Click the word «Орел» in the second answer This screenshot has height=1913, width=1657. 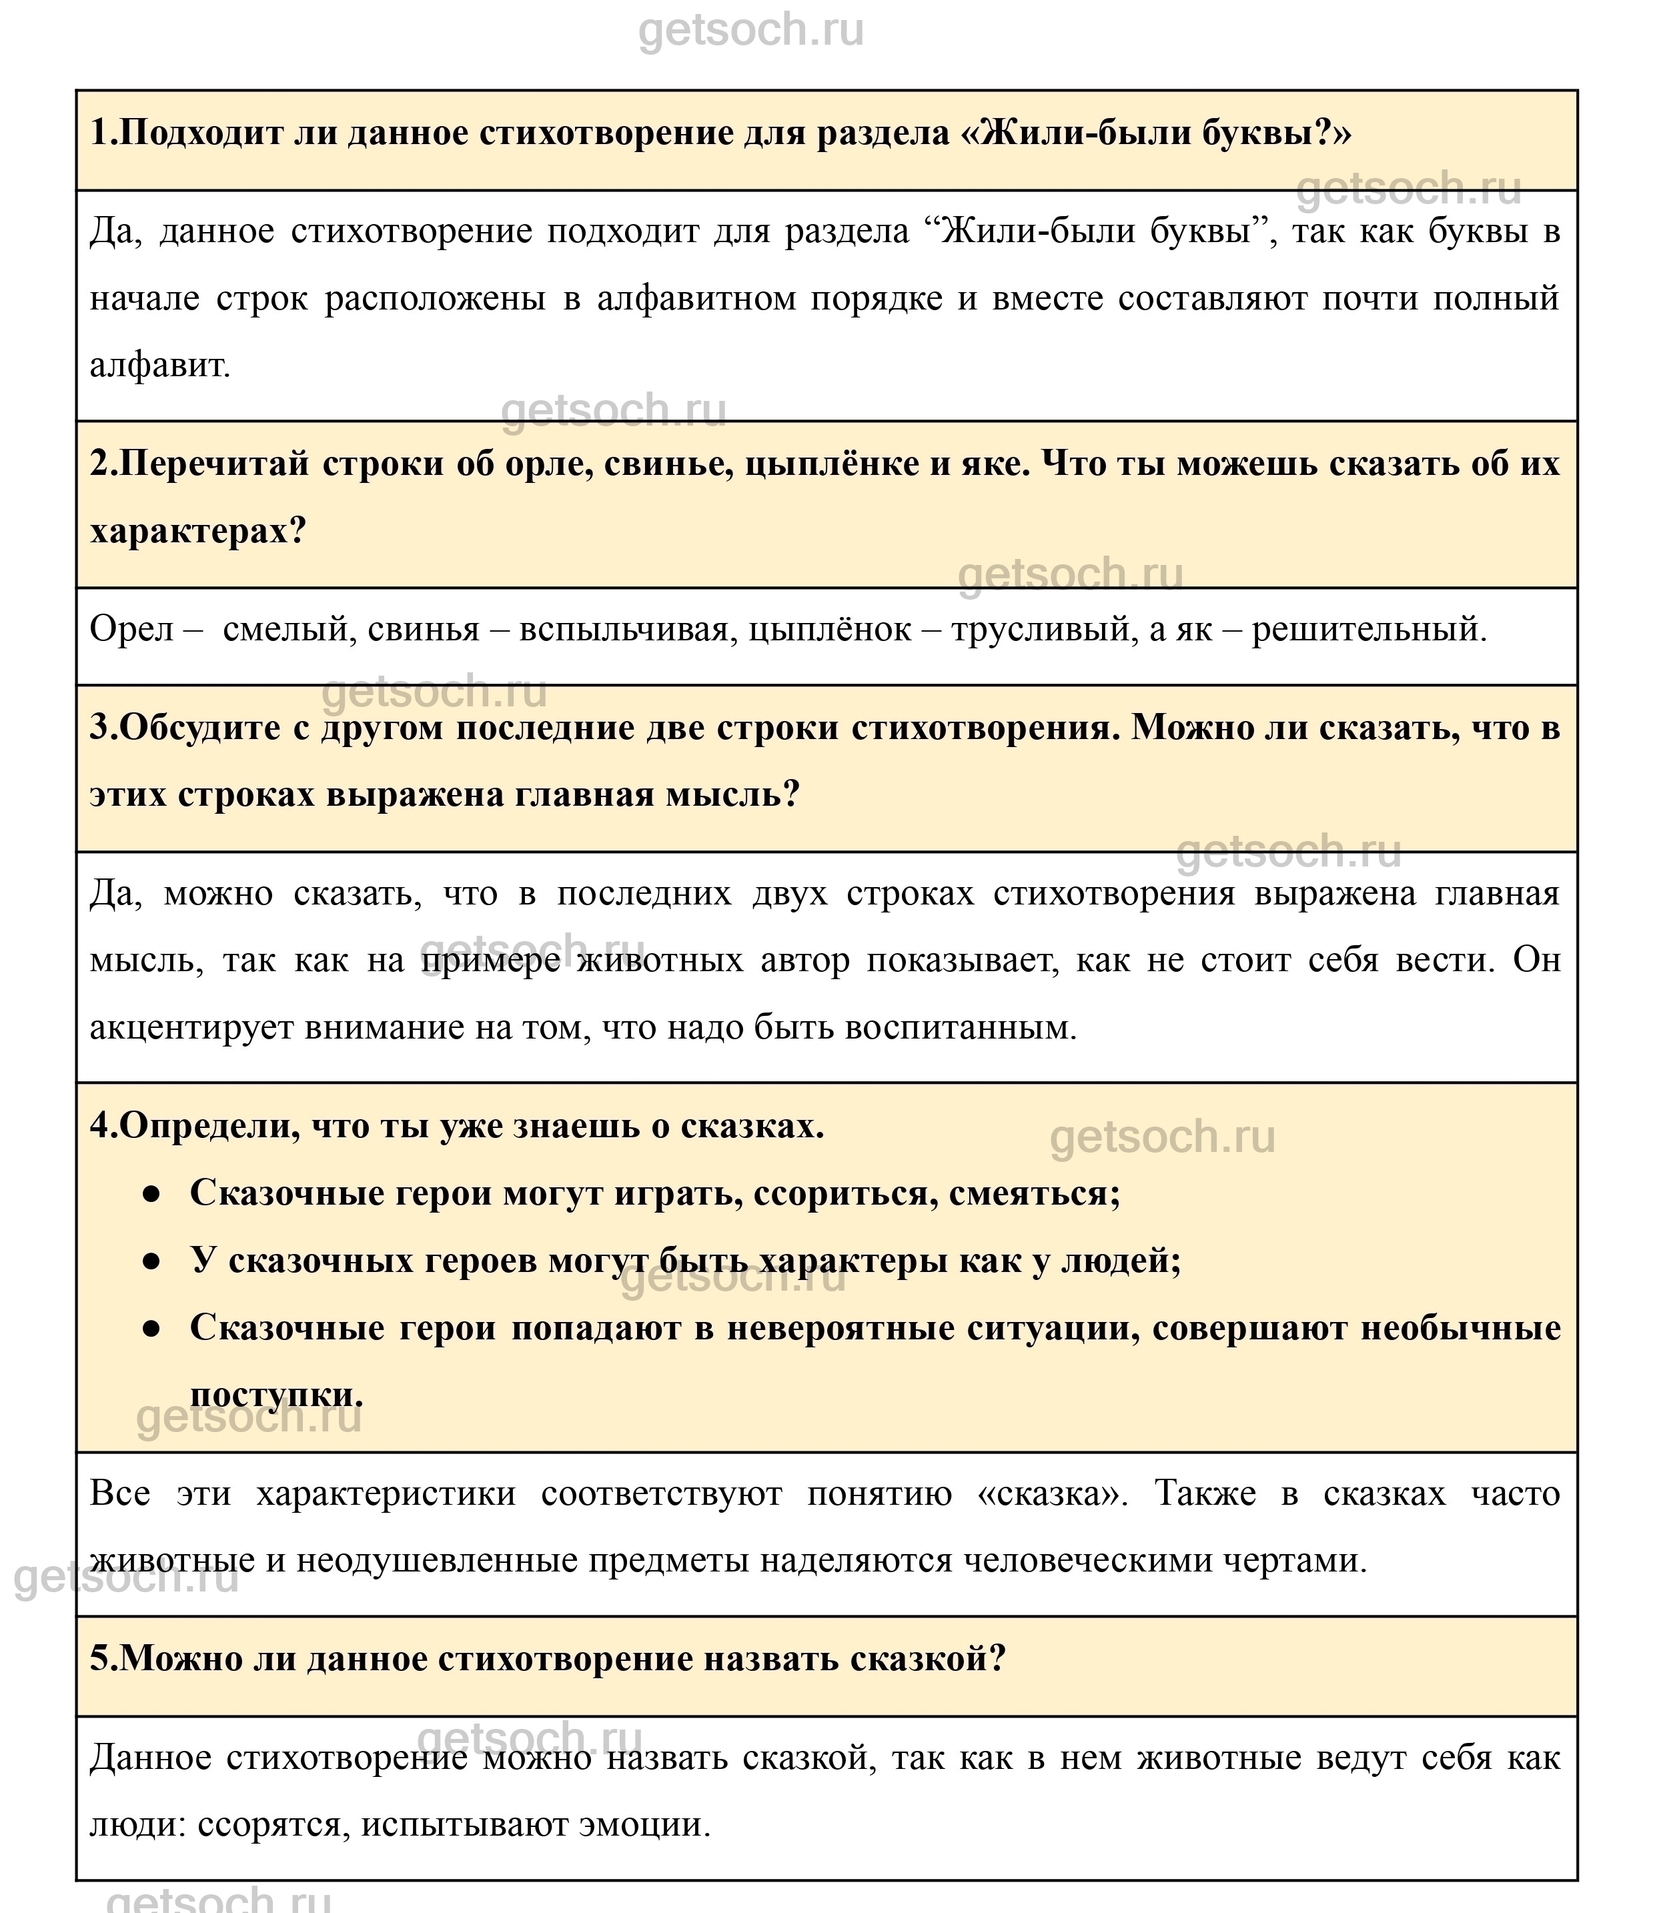(131, 630)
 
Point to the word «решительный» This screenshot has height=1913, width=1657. (1369, 630)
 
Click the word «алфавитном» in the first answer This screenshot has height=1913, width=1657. (695, 299)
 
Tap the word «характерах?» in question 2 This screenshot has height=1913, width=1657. (197, 532)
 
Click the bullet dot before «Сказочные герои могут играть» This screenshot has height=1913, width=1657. (151, 1195)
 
